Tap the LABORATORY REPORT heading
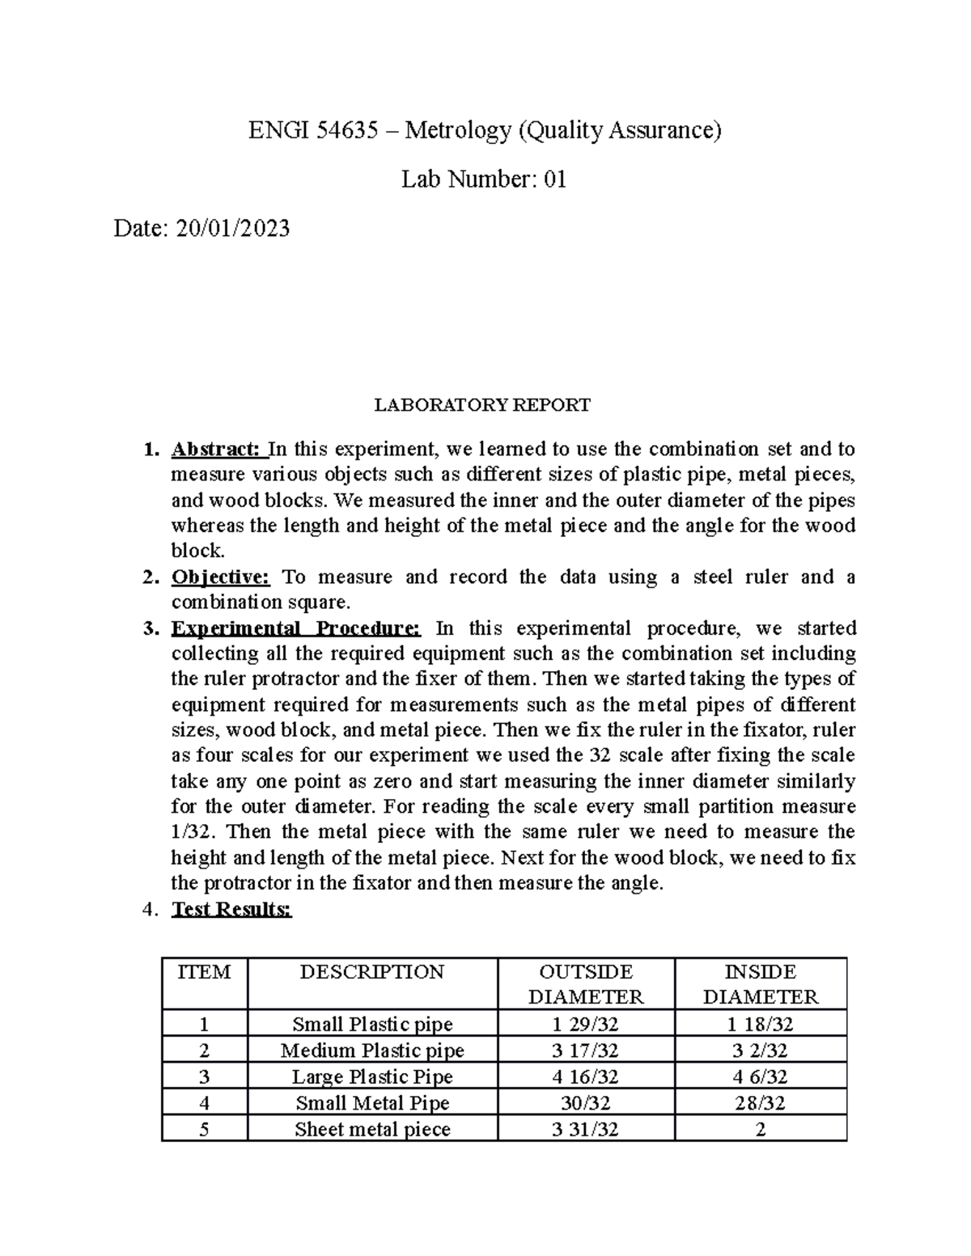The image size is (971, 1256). point(482,404)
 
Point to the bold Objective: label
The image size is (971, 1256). point(220,577)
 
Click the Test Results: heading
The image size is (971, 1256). point(231,909)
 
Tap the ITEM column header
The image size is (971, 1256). point(204,972)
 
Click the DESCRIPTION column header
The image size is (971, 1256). point(371,972)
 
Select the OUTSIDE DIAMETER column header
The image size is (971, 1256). point(586,984)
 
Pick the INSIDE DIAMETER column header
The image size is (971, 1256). point(761,984)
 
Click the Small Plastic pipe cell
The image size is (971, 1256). point(372,1024)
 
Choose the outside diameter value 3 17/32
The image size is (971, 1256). point(586,1051)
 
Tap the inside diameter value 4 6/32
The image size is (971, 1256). point(761,1076)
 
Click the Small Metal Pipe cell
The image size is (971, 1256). point(372,1102)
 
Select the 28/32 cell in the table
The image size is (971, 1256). point(761,1102)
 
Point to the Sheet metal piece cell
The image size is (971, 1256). point(372,1129)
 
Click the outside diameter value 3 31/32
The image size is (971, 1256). point(586,1129)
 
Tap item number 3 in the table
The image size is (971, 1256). point(204,1076)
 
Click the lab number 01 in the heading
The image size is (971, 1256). point(555,179)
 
